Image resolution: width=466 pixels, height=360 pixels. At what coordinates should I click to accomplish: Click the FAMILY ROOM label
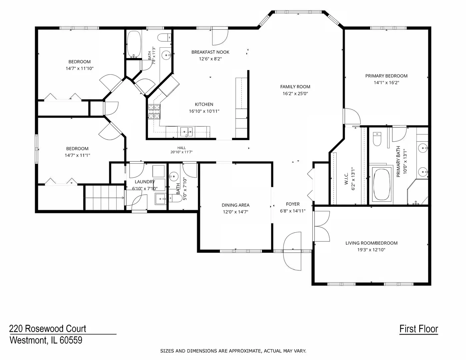(295, 87)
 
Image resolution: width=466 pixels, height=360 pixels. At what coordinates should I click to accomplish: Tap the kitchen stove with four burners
(154, 111)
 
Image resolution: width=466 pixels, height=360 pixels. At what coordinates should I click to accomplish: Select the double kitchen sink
(186, 131)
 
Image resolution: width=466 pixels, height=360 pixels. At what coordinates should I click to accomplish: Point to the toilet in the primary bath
(377, 139)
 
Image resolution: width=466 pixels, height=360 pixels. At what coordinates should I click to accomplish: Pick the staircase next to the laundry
(105, 198)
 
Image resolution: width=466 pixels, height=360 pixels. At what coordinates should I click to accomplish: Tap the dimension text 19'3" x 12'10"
(371, 250)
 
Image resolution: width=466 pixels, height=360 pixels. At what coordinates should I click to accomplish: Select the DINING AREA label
(235, 205)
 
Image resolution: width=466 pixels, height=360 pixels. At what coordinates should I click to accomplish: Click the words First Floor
(419, 329)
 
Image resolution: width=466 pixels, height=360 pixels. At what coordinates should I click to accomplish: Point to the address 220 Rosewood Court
(47, 328)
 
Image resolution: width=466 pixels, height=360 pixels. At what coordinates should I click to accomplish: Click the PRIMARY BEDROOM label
(386, 76)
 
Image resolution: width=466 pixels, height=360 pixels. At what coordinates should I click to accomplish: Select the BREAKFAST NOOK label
(210, 52)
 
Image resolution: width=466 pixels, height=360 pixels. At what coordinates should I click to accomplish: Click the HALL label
(181, 148)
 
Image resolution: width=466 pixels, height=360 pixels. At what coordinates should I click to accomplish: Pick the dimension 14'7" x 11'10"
(80, 68)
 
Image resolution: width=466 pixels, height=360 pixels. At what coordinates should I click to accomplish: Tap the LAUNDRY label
(145, 182)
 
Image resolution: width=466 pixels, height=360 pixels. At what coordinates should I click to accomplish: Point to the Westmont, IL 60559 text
(46, 340)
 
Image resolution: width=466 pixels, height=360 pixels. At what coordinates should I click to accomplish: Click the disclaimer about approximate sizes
(233, 351)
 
